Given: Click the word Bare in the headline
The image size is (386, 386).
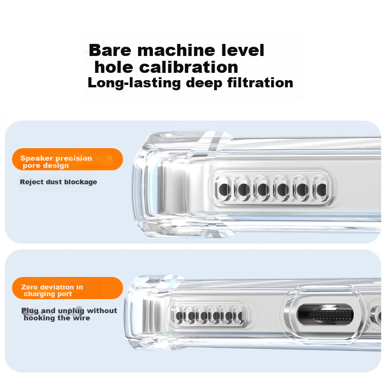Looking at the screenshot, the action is [110, 50].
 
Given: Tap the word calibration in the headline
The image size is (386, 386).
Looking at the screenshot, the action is [189, 67].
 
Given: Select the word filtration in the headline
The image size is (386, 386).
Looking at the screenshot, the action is [260, 83].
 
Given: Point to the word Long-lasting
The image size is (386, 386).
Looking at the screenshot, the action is [134, 83].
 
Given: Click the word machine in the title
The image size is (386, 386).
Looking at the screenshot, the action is [176, 50].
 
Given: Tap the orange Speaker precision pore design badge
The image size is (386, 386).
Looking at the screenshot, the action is [68, 159].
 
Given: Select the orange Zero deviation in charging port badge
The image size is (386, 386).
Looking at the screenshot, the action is [68, 288].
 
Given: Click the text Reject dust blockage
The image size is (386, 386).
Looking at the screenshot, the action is [58, 182].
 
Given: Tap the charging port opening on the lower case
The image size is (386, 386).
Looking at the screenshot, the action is [325, 315].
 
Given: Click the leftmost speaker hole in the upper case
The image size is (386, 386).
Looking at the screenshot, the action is [223, 189].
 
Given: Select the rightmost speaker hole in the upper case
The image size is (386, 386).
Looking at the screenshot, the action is [321, 189].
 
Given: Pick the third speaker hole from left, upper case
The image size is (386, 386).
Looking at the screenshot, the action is [262, 189].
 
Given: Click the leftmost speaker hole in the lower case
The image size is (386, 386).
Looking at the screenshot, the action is [179, 316].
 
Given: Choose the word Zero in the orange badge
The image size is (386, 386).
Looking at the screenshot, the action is [29, 287].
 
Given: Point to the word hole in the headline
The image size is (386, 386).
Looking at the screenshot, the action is [114, 67].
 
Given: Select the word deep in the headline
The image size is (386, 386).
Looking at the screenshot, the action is [204, 83].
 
